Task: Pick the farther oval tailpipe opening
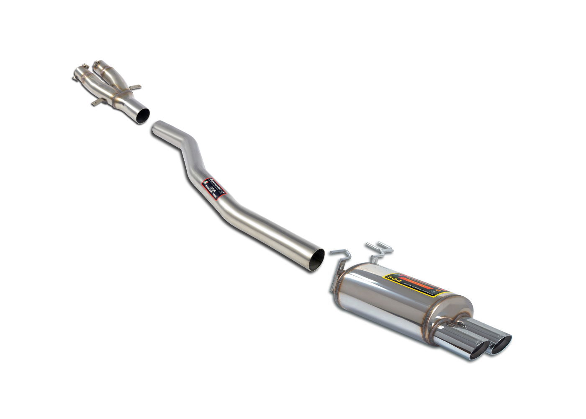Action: point(501,344)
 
